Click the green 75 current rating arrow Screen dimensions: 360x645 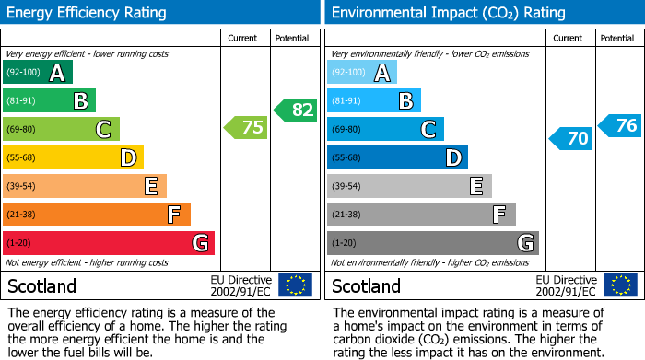246,128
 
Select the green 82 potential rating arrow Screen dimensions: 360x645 295,110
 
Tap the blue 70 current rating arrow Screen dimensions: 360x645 571,139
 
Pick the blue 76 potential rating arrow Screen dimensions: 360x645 620,125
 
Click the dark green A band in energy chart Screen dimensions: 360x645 38,72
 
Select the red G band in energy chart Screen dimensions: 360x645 109,243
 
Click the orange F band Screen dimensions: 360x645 97,215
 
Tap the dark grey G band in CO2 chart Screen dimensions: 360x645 432,243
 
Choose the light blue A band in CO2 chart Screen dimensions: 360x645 362,72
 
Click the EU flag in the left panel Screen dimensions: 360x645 295,285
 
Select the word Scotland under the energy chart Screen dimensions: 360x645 42,286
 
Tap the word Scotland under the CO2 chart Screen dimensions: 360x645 367,286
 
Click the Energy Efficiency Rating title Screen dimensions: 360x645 88,13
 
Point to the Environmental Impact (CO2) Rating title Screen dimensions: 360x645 448,13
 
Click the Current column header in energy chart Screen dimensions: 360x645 244,38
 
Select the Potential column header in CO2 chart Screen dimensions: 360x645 616,38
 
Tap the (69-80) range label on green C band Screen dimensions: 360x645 21,129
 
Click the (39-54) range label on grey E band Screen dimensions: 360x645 346,186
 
